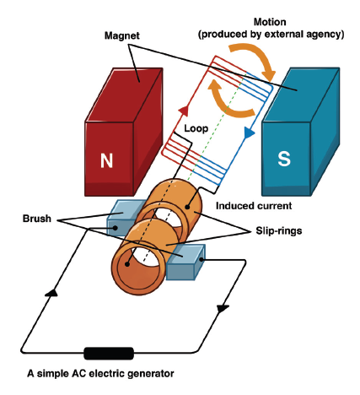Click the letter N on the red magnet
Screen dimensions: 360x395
point(106,160)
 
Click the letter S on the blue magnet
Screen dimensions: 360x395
point(284,159)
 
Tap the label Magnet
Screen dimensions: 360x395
point(122,35)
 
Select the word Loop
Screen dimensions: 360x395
point(196,128)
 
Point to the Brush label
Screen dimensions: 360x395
point(37,219)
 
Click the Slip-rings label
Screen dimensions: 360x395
point(279,230)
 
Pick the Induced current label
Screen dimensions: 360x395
point(254,206)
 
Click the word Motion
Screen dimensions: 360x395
point(270,22)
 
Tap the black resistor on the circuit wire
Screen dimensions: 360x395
point(109,354)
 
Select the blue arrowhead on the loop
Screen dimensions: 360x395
point(250,133)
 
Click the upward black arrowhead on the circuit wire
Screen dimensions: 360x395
point(51,292)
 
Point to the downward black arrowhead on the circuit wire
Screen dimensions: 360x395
point(223,308)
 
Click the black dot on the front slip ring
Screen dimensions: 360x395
point(127,264)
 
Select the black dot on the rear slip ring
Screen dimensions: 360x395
point(187,207)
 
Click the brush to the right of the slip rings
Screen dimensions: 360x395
point(185,262)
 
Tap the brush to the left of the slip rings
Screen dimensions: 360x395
point(124,217)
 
